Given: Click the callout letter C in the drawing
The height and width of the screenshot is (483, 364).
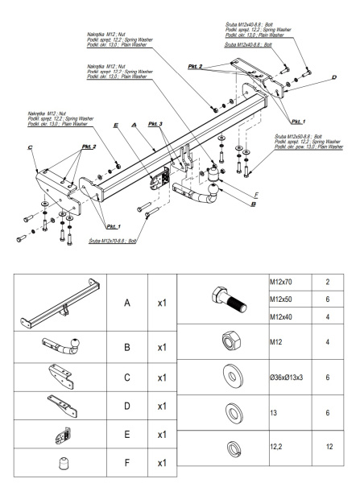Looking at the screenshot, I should [x=29, y=149].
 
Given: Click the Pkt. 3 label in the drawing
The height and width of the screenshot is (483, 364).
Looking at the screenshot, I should [x=155, y=125].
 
